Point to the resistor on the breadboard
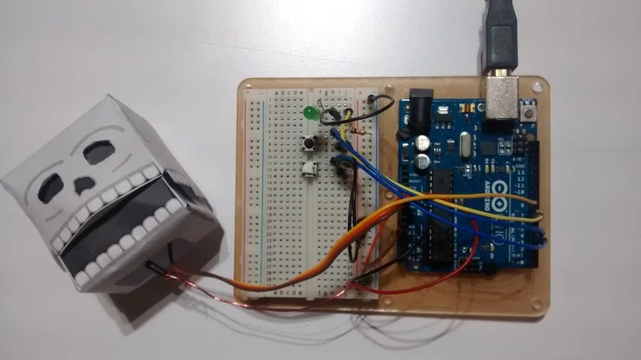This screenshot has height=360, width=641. point(362,130)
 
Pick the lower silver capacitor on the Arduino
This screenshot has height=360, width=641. point(423,160)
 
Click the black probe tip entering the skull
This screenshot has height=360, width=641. point(157,266)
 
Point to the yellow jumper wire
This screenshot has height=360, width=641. point(479,205)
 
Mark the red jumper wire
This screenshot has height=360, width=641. point(427,286)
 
